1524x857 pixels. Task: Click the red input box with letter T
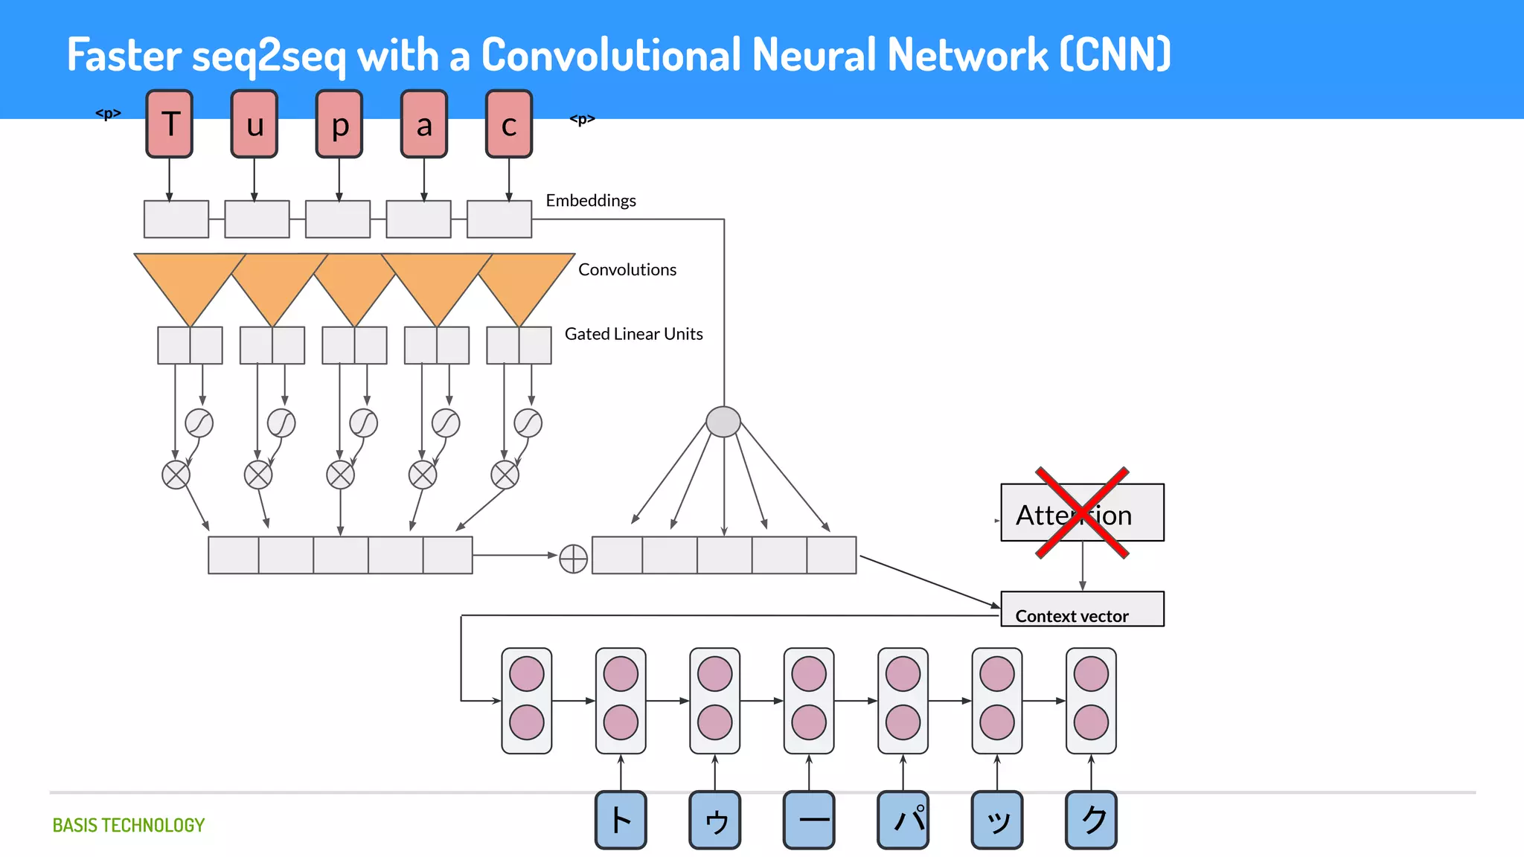point(170,124)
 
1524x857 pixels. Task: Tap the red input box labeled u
point(254,124)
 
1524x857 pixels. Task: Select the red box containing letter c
point(509,124)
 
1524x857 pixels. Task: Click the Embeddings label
point(591,201)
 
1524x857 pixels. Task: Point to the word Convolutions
point(627,270)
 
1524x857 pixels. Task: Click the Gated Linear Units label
point(633,334)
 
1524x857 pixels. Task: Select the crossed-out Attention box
point(1082,513)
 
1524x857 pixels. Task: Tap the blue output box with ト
point(621,821)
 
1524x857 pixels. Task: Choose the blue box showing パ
point(903,821)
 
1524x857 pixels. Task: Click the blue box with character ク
point(1092,821)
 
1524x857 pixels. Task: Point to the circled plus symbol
point(573,559)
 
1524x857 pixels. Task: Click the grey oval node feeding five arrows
point(723,422)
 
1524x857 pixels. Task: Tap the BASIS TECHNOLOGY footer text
point(129,826)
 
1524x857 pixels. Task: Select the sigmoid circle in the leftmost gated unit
point(199,423)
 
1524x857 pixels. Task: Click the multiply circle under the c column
point(505,475)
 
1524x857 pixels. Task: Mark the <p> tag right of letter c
point(582,119)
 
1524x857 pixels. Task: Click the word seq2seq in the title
point(269,56)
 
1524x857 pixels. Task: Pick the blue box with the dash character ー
point(809,821)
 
